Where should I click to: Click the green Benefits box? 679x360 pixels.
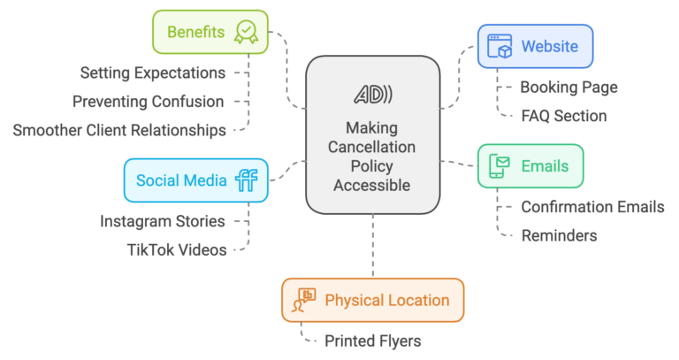pos(209,33)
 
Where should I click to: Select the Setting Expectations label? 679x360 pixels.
pos(152,72)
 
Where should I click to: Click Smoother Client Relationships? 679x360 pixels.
pos(119,130)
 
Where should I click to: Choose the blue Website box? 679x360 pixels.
pos(535,46)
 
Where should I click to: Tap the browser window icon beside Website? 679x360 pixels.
pos(500,46)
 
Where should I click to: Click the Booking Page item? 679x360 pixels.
pos(568,87)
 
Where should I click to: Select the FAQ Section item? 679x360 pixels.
pos(563,116)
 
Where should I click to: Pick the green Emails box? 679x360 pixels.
pos(530,165)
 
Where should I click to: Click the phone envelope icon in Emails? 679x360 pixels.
pos(500,165)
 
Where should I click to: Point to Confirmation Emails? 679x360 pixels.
pos(592,207)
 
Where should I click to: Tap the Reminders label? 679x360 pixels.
pos(559,235)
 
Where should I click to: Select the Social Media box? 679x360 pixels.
pos(195,180)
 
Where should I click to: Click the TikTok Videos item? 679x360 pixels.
pos(177,249)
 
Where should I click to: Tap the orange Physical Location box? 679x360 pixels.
pos(372,300)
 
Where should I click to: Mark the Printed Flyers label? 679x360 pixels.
pos(372,341)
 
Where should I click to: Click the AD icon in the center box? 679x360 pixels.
pos(373,95)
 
